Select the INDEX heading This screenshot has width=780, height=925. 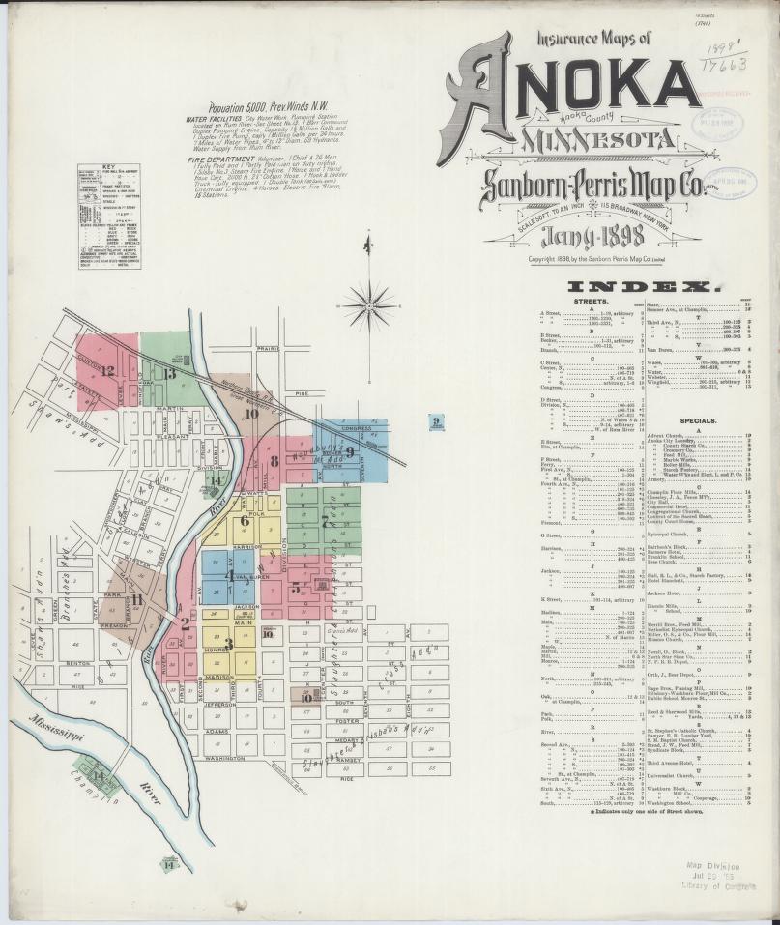tap(646, 287)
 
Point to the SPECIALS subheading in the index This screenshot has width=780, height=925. tap(697, 421)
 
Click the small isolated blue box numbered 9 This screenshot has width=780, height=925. tap(436, 420)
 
